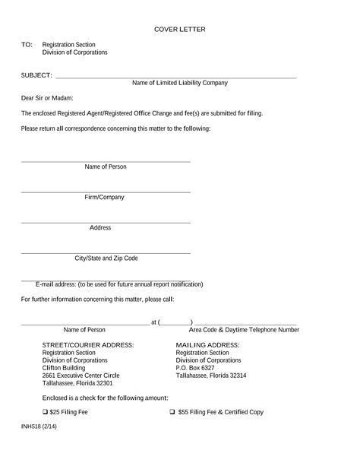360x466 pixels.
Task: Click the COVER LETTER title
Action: [180, 30]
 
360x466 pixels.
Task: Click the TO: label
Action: [27, 45]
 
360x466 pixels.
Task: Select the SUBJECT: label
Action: [36, 75]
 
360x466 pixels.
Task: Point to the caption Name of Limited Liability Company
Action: [180, 83]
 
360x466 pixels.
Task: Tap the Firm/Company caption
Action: [105, 197]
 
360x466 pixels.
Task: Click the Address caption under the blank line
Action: [100, 227]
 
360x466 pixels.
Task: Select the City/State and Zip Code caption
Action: [106, 258]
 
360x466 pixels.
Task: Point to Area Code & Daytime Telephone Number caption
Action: [244, 330]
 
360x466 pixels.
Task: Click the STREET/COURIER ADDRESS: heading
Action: [88, 345]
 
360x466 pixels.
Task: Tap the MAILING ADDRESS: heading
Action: [207, 345]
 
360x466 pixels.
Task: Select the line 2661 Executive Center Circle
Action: [81, 376]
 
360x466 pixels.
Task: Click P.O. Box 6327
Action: [195, 368]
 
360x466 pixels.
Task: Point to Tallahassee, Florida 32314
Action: [211, 376]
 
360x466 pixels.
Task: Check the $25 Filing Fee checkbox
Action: [45, 412]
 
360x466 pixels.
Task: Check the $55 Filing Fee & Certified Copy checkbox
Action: [172, 412]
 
